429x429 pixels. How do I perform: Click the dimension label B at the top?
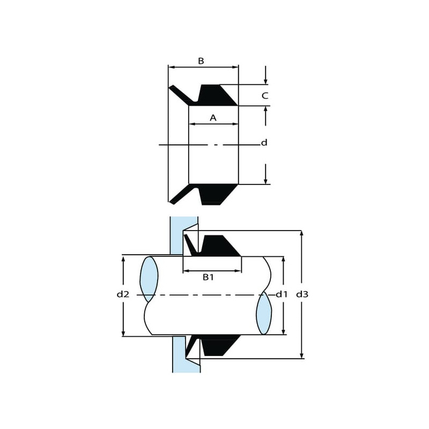[201, 61]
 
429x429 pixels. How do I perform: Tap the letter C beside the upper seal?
[265, 95]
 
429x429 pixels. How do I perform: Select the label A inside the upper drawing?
[213, 117]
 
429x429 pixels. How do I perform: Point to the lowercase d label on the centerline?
[264, 143]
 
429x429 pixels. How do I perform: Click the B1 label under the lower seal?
[208, 277]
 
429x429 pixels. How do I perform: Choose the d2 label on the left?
[123, 294]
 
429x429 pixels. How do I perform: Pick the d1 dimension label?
[282, 294]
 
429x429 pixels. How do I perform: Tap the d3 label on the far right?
[302, 294]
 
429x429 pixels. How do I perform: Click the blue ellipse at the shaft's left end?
[149, 279]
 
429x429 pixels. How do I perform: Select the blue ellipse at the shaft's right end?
[264, 313]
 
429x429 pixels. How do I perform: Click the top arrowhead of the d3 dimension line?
[301, 233]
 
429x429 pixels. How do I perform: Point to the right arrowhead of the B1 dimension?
[239, 271]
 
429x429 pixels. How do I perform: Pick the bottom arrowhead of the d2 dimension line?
[123, 333]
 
